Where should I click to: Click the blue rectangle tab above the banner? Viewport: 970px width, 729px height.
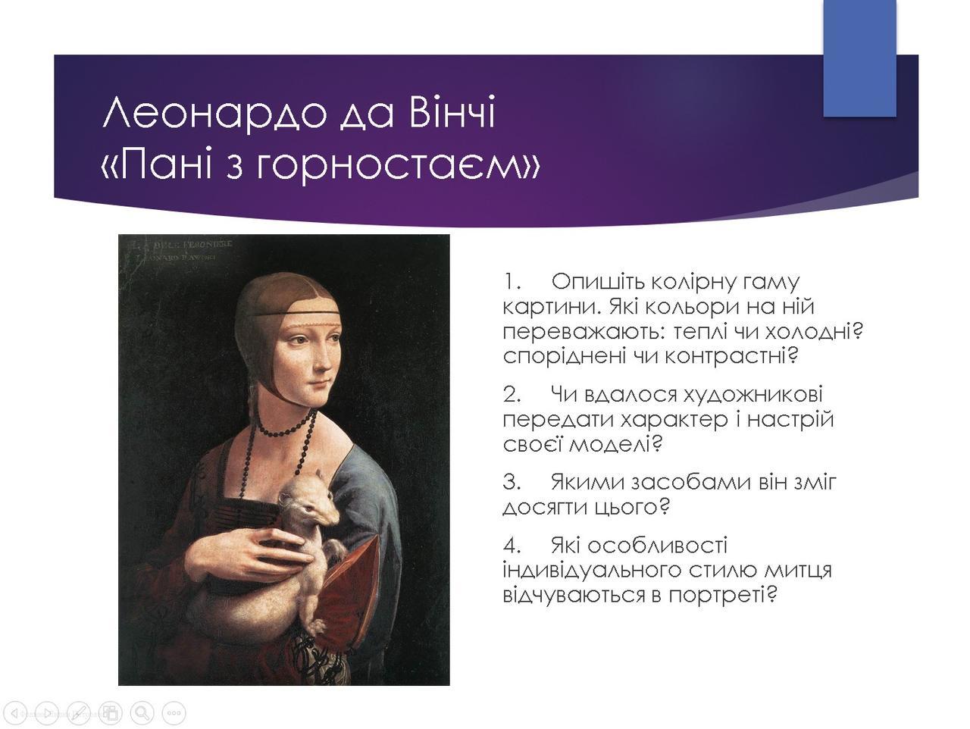tap(859, 58)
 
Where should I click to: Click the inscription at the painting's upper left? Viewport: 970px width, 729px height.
tap(186, 251)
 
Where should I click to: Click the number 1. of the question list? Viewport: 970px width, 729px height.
tap(512, 282)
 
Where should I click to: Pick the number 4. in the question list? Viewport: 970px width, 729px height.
tap(512, 546)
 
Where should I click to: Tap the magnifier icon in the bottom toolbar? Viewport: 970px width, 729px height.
tap(142, 712)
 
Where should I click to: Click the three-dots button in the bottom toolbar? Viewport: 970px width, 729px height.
tap(174, 712)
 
